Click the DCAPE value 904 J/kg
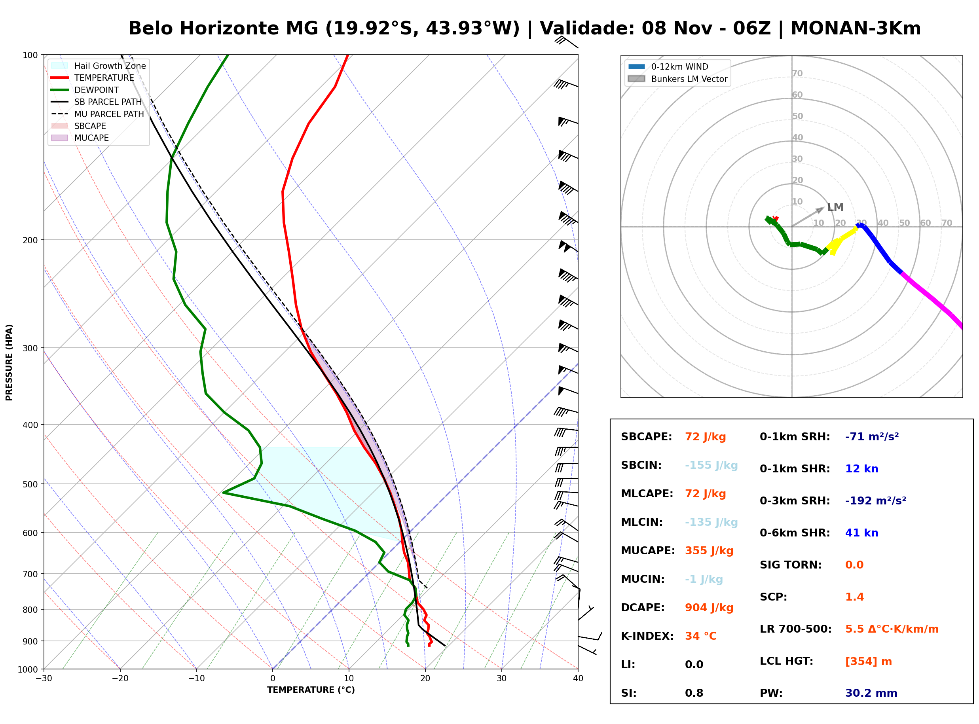[709, 607]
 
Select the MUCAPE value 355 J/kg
[709, 550]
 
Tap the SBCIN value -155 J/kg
[711, 465]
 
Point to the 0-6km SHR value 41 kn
[861, 533]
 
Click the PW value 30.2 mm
[871, 693]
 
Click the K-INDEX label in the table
[647, 636]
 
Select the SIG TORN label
[791, 565]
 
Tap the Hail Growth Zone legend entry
[99, 66]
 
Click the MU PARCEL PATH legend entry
[98, 114]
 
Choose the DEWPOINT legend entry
[85, 90]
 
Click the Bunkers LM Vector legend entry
[677, 79]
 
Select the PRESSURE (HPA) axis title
[9, 362]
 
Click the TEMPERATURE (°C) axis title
[311, 690]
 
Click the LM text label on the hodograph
[835, 207]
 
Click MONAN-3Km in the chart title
[856, 28]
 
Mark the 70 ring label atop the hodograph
[797, 73]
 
